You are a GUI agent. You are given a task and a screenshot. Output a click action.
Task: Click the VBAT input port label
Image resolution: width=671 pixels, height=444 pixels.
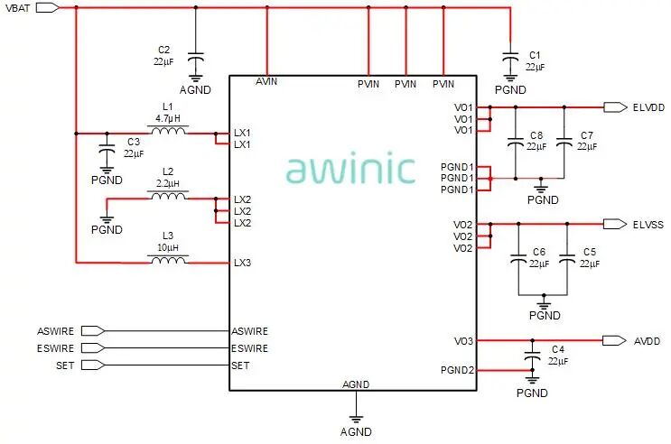coord(20,7)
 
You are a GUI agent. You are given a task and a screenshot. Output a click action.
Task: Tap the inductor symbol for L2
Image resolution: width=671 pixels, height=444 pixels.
coord(169,196)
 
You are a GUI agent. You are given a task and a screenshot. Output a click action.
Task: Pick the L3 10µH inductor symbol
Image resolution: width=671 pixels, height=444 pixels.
coord(169,262)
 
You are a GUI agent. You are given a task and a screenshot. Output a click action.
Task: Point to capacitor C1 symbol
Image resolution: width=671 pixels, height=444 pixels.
coord(509,56)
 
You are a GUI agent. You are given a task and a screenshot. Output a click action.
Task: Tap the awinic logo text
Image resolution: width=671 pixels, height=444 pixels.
coord(350,169)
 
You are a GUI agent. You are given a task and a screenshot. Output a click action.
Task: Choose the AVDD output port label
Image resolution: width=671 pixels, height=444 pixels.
coord(647,340)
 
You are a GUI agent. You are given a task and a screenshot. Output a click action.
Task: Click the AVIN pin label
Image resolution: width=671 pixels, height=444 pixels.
coord(267,82)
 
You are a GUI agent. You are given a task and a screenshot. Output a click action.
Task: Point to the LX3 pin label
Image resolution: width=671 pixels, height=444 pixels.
coord(243,263)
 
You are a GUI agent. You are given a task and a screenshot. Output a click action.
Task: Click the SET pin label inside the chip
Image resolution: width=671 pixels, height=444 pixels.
coord(241,365)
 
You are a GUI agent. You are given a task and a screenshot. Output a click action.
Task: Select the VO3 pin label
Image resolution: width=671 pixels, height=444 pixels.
coord(463,340)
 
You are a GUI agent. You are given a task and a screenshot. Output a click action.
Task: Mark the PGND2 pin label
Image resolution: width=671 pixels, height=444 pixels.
coord(457,369)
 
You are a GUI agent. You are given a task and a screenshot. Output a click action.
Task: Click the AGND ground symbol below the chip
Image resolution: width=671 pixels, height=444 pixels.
coord(356,420)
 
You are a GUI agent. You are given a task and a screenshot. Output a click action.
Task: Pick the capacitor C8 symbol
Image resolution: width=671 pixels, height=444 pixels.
coord(515,142)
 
